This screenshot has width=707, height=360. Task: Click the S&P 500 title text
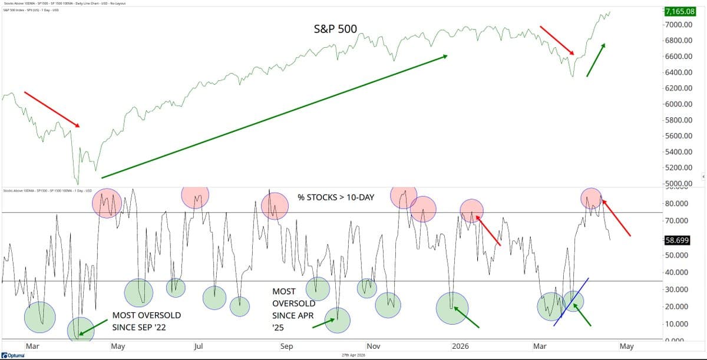[x=335, y=28]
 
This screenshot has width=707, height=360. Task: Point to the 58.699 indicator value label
[x=680, y=240]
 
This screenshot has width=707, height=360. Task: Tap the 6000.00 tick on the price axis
[x=679, y=104]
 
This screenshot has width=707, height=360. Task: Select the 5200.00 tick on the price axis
[x=679, y=168]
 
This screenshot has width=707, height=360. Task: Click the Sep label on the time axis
[x=286, y=346]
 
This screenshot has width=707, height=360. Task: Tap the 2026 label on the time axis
[x=461, y=346]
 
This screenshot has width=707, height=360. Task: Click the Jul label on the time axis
[x=199, y=346]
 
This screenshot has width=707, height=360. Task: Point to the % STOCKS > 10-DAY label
[x=336, y=197]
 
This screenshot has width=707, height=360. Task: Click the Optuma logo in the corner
[x=12, y=355]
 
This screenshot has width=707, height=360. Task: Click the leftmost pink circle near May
[x=107, y=203]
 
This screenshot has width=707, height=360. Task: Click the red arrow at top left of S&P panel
[x=51, y=109]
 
